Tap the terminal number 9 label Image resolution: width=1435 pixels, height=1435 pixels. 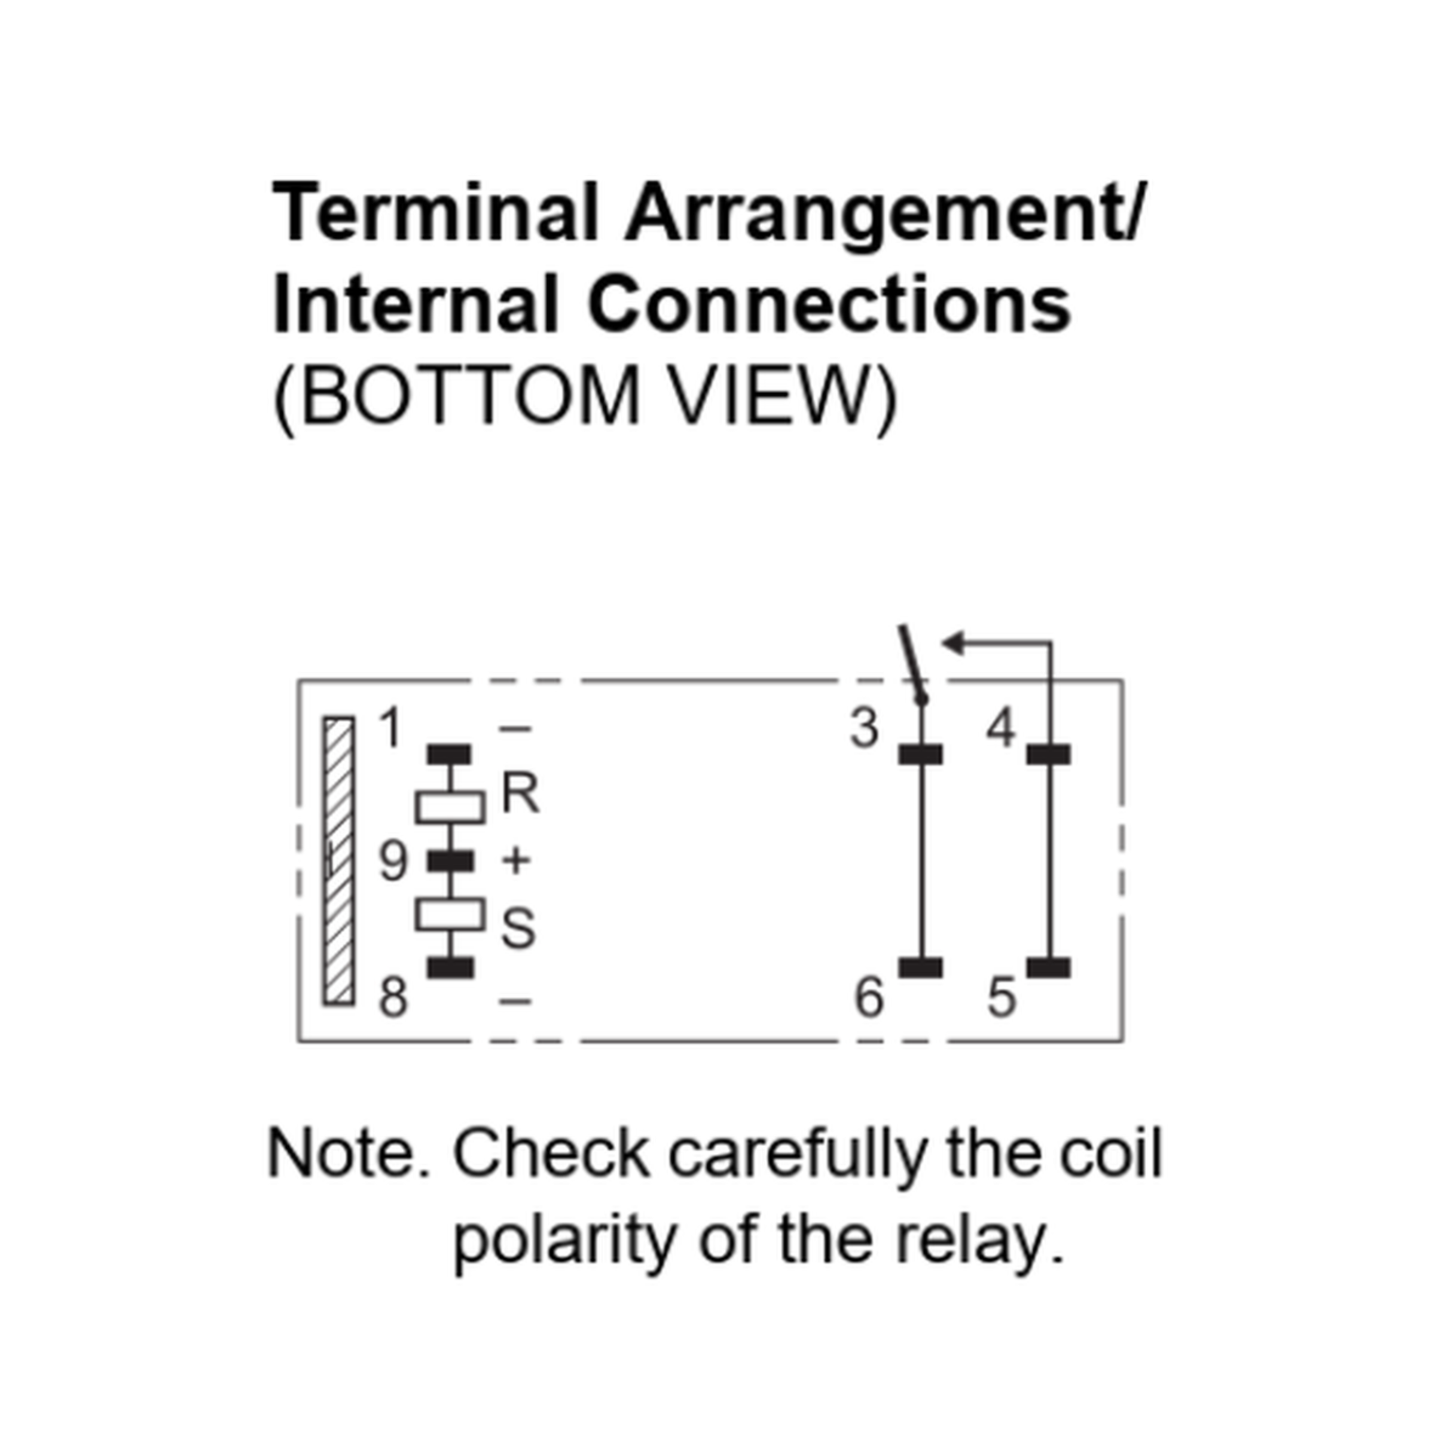393,862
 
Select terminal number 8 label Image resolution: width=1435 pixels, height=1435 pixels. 393,997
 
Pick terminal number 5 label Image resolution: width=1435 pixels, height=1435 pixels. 1002,997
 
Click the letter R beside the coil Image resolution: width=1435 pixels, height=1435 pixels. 521,793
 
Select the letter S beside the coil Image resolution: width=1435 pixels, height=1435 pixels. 518,929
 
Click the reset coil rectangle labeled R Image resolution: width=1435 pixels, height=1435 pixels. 450,807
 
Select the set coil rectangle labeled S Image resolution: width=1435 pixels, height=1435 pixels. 450,914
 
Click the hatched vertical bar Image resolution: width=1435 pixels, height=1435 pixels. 338,862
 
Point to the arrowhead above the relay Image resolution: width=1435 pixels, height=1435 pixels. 953,643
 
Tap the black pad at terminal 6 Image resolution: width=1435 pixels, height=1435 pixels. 921,968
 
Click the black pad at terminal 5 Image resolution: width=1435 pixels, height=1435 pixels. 1049,968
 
